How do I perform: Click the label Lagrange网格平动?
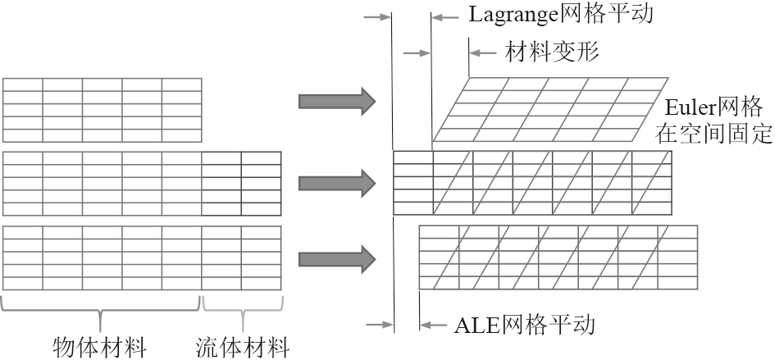coord(560,16)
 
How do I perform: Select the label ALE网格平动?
coord(524,325)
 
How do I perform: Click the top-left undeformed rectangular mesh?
coord(102,110)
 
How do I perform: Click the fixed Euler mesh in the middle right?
coord(533,182)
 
